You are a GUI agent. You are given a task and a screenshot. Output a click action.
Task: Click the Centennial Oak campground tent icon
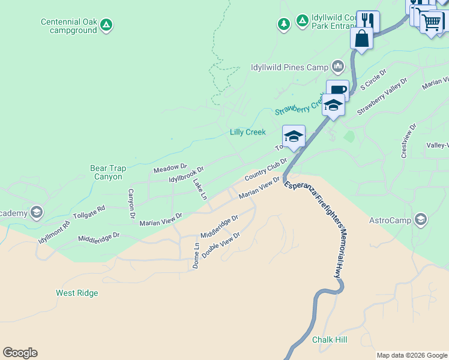(x=106, y=25)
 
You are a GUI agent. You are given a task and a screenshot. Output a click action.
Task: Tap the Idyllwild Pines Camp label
(x=289, y=67)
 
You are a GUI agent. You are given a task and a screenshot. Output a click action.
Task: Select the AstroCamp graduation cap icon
(x=421, y=220)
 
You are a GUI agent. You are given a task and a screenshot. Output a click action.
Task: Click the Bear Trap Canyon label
(x=109, y=173)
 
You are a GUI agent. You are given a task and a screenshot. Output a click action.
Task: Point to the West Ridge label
(x=77, y=293)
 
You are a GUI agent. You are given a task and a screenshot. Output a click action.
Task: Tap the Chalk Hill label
(x=330, y=340)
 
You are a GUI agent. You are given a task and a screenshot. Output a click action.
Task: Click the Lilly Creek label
(x=248, y=132)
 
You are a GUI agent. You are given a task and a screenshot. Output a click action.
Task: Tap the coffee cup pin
(x=337, y=91)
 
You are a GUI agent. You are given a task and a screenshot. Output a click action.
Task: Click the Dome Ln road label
(x=196, y=256)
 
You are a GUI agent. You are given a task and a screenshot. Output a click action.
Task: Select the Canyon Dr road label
(x=131, y=203)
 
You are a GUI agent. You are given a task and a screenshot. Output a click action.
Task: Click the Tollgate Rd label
(x=89, y=212)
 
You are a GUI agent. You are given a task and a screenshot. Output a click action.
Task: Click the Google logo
(x=20, y=353)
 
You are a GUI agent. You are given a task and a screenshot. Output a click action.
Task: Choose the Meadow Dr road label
(x=170, y=169)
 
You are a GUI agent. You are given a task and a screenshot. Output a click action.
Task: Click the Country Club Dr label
(x=266, y=170)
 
